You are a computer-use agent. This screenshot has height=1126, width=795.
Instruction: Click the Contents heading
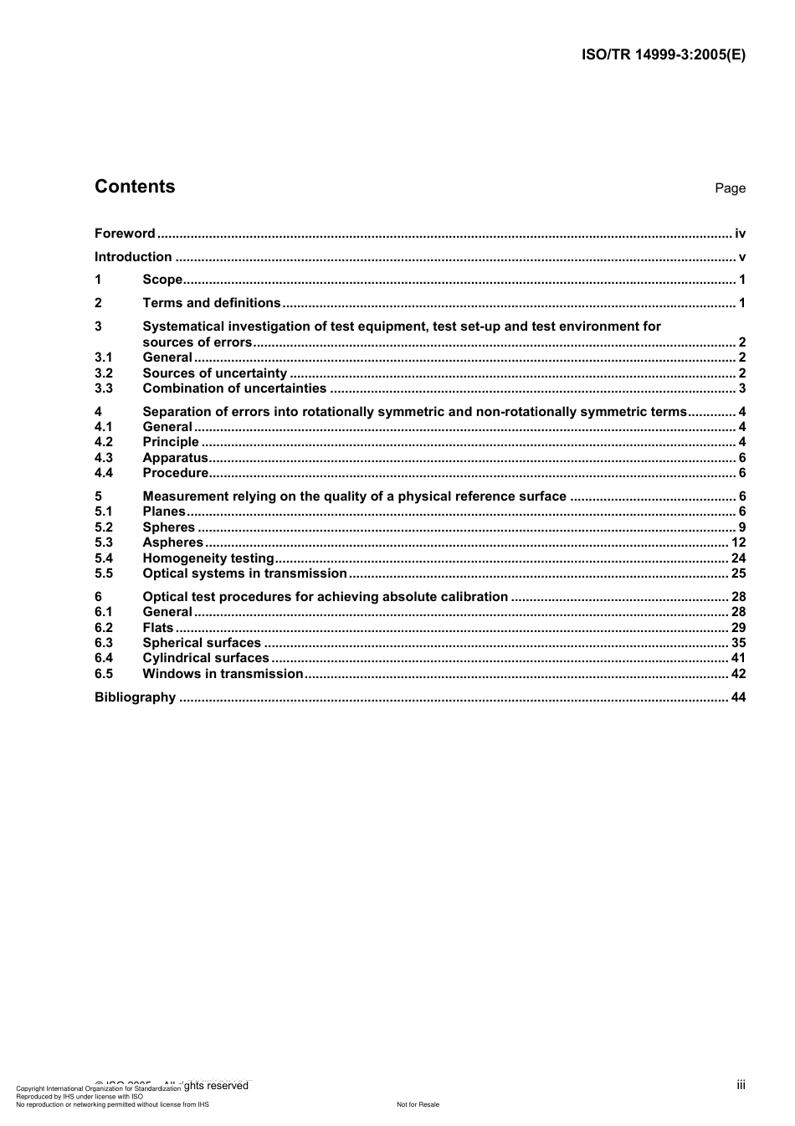coord(135,187)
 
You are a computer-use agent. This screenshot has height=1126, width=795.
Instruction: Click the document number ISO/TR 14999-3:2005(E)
coord(663,55)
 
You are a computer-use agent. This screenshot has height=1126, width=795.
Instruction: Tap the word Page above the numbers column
coord(730,188)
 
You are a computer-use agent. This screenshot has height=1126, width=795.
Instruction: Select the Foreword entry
coord(125,234)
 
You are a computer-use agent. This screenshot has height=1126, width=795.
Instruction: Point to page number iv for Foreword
coord(740,234)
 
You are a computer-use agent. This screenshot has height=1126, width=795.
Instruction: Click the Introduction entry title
coord(133,257)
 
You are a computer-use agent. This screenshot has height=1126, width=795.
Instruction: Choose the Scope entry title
coord(162,280)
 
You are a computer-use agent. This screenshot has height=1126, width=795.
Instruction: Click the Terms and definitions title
coord(212,303)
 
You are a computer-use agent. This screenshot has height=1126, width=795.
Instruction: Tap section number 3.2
coord(104,373)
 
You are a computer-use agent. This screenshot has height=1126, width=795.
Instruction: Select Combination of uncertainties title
coord(234,388)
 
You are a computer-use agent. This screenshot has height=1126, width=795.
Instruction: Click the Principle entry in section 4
coord(171,442)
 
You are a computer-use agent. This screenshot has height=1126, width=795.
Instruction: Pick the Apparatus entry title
coord(175,458)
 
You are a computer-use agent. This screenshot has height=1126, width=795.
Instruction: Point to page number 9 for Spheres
coord(741,527)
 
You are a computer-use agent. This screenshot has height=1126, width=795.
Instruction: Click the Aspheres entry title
coord(172,542)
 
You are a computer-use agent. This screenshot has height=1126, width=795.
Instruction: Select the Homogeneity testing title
coord(208,558)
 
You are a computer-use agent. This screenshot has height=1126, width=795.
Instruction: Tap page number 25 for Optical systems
coord(738,573)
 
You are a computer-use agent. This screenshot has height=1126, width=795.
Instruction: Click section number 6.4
coord(104,658)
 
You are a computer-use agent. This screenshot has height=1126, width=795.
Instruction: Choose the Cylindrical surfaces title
coord(206,658)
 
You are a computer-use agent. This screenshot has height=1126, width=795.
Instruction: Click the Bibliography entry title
coord(135,697)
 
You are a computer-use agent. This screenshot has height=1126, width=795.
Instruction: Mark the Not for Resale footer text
coord(418,1104)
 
